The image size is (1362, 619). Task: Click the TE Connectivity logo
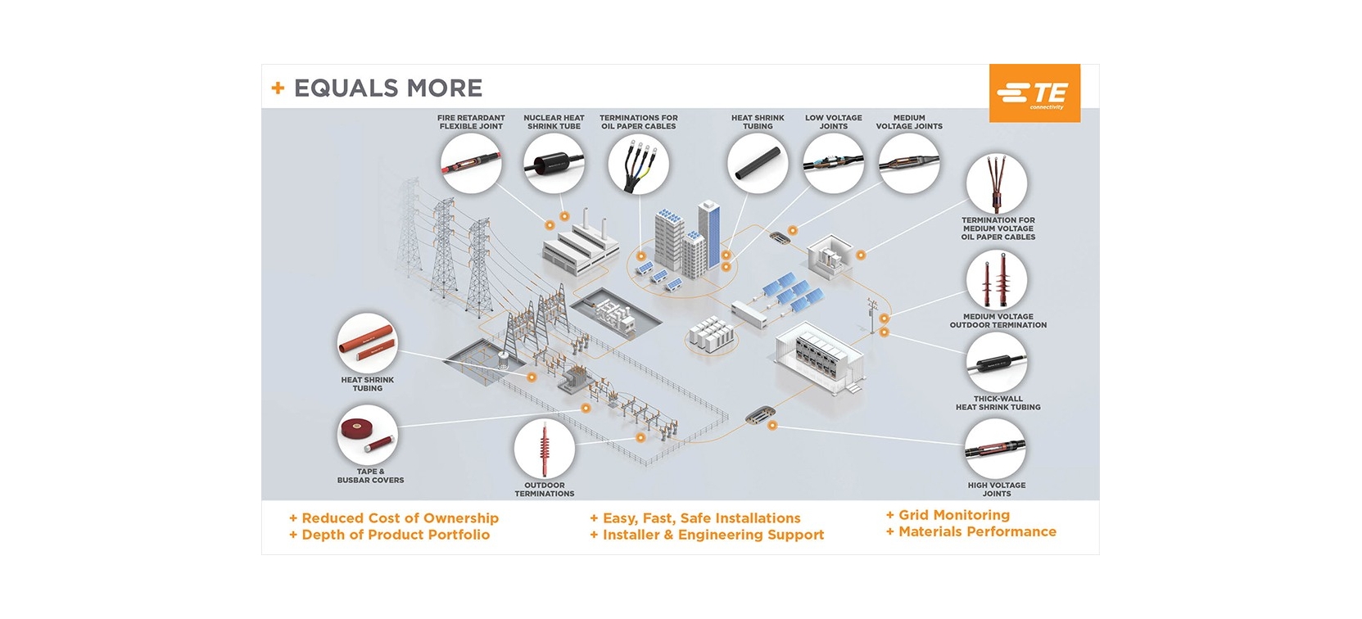click(1034, 93)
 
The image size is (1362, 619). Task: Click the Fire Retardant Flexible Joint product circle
click(471, 164)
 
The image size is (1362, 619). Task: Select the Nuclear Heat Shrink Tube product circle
click(554, 164)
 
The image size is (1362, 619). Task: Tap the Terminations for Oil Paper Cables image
click(639, 164)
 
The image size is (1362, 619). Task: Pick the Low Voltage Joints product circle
click(833, 164)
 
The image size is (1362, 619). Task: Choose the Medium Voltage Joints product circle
click(909, 164)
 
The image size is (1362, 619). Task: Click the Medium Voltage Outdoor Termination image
click(997, 280)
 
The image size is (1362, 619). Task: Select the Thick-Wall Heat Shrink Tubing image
click(997, 363)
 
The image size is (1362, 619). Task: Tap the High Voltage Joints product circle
click(995, 449)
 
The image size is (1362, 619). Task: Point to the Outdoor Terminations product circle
click(544, 449)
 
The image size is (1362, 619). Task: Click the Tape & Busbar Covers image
click(367, 436)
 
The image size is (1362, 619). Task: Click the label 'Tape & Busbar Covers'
click(370, 476)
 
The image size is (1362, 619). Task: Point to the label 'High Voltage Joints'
click(997, 490)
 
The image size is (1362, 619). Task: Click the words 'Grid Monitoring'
click(954, 515)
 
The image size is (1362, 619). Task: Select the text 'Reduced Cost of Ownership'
click(400, 518)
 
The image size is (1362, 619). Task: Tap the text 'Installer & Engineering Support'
click(713, 535)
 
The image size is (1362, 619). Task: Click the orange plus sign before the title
click(278, 88)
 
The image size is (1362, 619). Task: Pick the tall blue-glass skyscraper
click(709, 234)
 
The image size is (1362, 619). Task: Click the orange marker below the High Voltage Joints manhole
click(772, 426)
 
